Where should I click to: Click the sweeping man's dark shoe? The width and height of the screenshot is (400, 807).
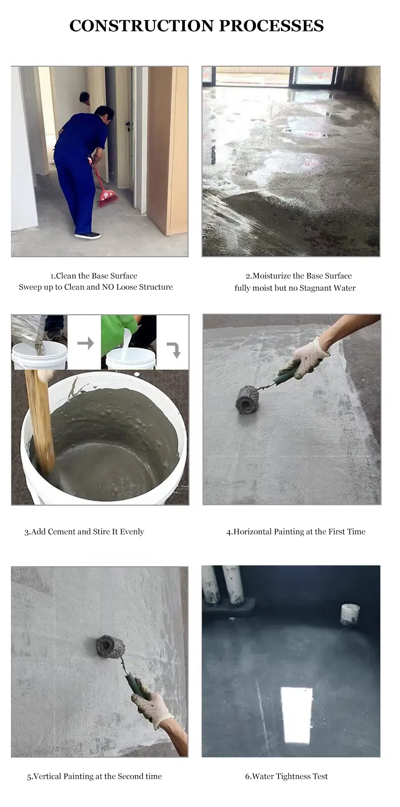(88, 235)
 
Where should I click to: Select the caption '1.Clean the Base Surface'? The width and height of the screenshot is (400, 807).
(94, 276)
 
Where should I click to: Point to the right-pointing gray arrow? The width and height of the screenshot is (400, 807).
(85, 343)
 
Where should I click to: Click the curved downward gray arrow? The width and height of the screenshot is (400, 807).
(174, 350)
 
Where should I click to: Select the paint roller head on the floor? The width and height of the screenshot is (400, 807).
(247, 399)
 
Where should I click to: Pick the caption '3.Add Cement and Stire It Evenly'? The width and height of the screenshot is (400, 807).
(84, 531)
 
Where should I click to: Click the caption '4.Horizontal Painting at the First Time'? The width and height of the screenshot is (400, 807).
(296, 531)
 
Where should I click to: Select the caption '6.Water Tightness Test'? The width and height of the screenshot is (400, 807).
(287, 776)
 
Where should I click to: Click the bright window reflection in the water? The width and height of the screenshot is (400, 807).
(296, 714)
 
